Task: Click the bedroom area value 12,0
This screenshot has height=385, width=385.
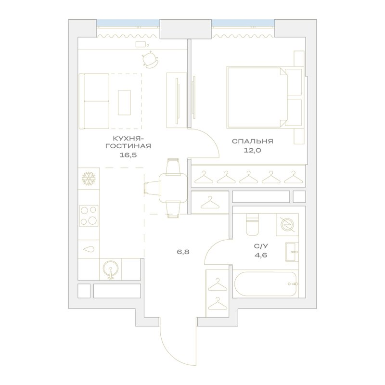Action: (253, 150)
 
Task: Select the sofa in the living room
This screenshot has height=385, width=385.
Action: (94, 101)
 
